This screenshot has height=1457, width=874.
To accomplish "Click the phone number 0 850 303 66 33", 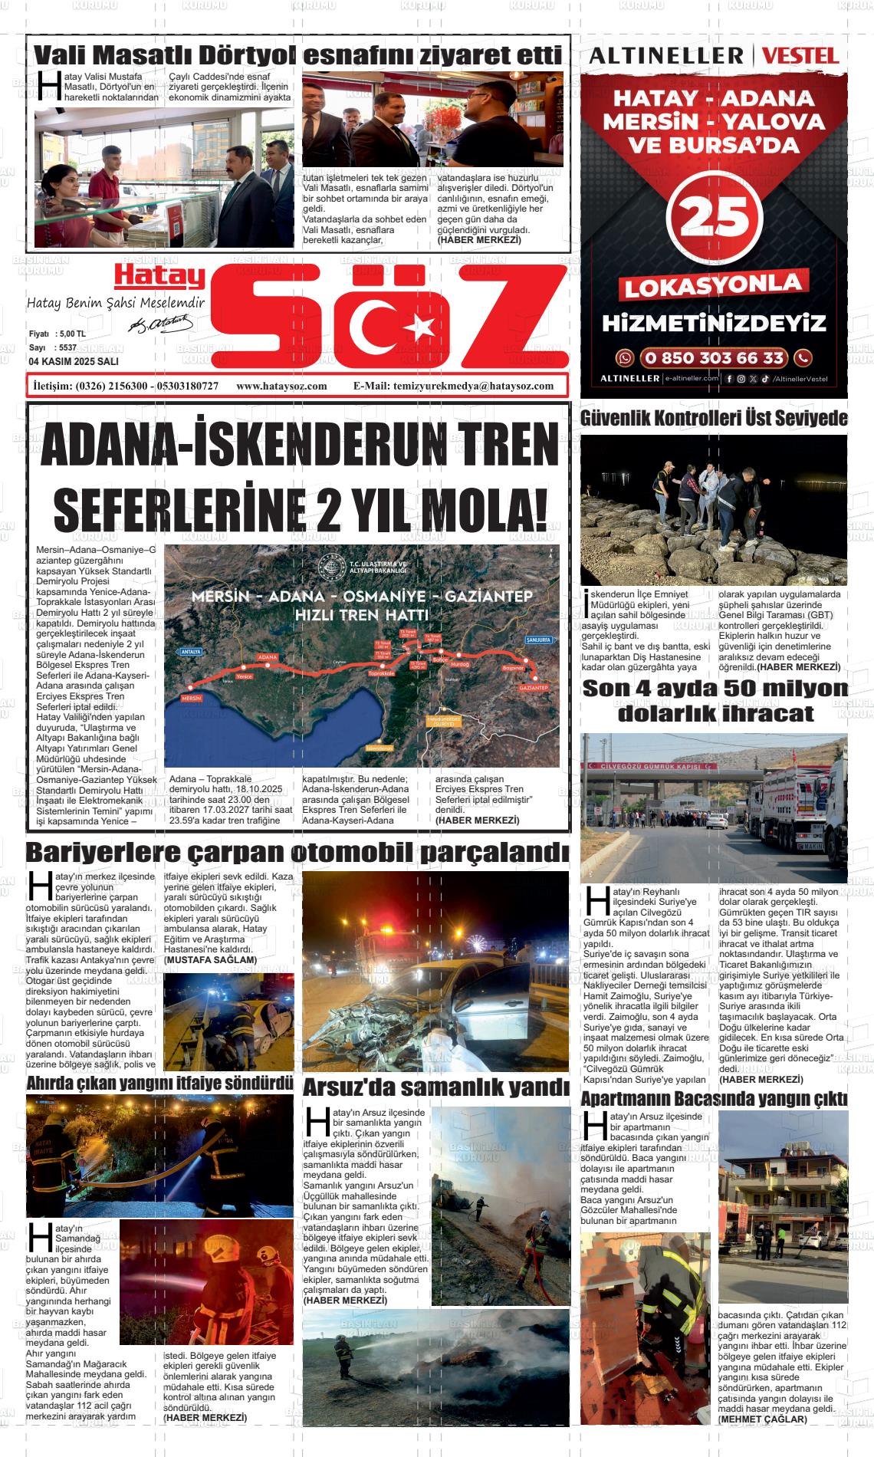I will (x=714, y=357).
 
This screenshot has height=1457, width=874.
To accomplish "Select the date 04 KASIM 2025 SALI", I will (x=74, y=361).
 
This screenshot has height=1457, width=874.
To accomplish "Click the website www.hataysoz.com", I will (x=282, y=386).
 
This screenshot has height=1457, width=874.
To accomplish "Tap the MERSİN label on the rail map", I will (x=191, y=699).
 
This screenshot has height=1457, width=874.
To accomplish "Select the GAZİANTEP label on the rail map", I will (x=533, y=688).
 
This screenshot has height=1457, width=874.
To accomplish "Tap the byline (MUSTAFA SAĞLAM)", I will (x=211, y=959).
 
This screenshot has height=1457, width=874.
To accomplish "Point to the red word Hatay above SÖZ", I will (x=160, y=275).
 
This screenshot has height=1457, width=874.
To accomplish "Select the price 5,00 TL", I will (x=72, y=334).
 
